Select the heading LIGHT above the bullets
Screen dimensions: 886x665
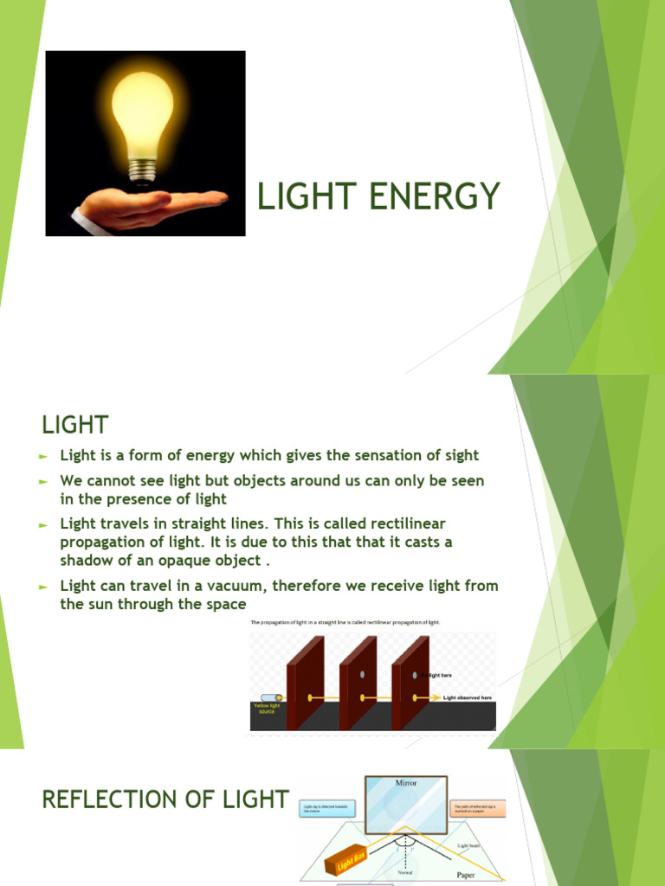click(75, 425)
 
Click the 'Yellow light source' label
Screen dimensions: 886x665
click(268, 709)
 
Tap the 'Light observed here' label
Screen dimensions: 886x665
click(467, 697)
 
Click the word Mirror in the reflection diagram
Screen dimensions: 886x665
click(406, 782)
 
